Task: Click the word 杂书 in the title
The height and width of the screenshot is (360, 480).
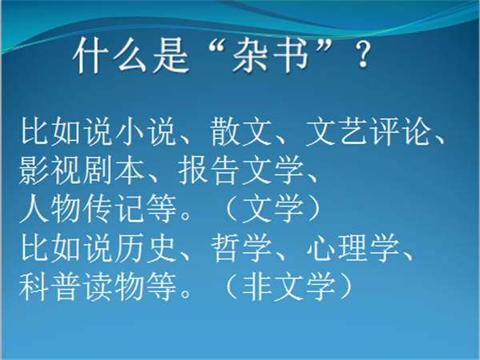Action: click(270, 56)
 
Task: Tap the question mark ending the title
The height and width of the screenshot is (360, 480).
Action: click(364, 54)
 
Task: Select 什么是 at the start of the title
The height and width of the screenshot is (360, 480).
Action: click(131, 56)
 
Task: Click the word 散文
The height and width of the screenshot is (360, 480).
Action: click(241, 132)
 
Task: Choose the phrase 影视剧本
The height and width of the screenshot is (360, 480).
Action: click(81, 170)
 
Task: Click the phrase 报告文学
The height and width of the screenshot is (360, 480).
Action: click(241, 170)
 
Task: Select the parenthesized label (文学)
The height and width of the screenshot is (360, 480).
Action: click(273, 209)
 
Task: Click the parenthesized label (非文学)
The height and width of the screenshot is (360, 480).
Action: click(289, 286)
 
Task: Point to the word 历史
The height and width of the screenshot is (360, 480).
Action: click(146, 248)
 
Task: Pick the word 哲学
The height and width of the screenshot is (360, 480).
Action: click(241, 248)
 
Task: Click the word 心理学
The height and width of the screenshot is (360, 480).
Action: click(353, 248)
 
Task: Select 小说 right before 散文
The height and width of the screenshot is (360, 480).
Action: click(146, 132)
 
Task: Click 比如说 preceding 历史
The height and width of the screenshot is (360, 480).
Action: click(66, 248)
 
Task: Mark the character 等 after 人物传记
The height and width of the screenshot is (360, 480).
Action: click(162, 209)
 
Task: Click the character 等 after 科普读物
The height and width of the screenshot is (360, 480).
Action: click(162, 286)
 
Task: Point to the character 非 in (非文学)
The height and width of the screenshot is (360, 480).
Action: click(257, 286)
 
